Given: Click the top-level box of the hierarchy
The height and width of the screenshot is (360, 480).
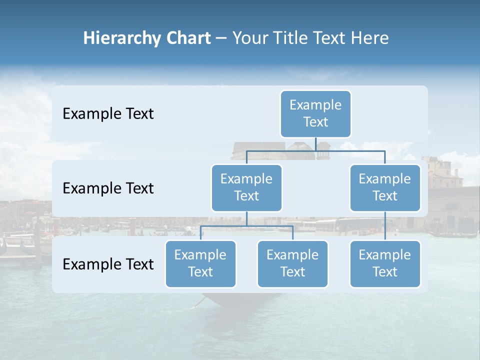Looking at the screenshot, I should (315, 113).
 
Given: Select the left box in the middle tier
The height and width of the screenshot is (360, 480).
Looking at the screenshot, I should (246, 187).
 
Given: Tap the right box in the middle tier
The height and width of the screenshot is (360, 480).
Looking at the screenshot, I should (385, 187).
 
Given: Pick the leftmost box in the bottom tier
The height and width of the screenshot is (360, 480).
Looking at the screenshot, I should (200, 263).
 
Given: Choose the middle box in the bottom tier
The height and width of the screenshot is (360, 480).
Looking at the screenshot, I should (292, 263).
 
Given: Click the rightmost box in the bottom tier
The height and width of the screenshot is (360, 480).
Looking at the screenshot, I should (385, 263).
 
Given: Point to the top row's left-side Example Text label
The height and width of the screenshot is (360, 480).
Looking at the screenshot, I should (108, 114).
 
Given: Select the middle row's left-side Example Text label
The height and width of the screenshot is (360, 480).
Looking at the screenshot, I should (108, 188).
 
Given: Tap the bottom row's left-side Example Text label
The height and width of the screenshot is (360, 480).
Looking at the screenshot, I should (108, 264).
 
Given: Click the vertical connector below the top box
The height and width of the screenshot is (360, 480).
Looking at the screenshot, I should (315, 144).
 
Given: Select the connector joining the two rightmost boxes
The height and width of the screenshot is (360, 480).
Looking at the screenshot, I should (385, 226).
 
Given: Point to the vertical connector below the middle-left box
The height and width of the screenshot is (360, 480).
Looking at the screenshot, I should (246, 218).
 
